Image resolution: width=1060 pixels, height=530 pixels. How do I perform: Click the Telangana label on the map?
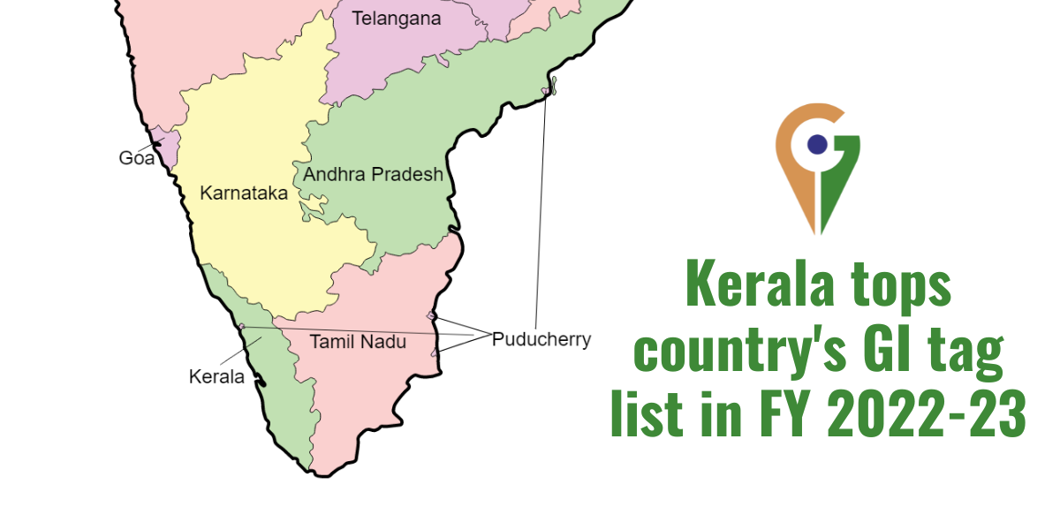[x=396, y=18]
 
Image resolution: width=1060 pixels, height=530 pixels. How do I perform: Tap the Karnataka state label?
[x=244, y=193]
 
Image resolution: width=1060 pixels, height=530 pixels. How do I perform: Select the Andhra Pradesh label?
[x=373, y=174]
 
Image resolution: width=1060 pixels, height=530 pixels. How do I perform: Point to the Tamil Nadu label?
[x=358, y=341]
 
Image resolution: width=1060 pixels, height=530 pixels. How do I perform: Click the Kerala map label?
[x=216, y=376]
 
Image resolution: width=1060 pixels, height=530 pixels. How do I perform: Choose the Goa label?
[x=136, y=159]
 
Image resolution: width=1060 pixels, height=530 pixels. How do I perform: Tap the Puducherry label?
[x=541, y=339]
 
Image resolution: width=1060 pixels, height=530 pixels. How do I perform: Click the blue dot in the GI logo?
[x=817, y=144]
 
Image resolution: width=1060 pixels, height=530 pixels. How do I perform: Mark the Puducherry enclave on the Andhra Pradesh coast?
[x=549, y=89]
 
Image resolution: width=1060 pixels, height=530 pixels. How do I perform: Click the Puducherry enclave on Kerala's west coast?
[x=241, y=327]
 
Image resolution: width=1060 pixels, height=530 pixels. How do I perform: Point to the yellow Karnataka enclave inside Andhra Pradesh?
[x=312, y=211]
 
